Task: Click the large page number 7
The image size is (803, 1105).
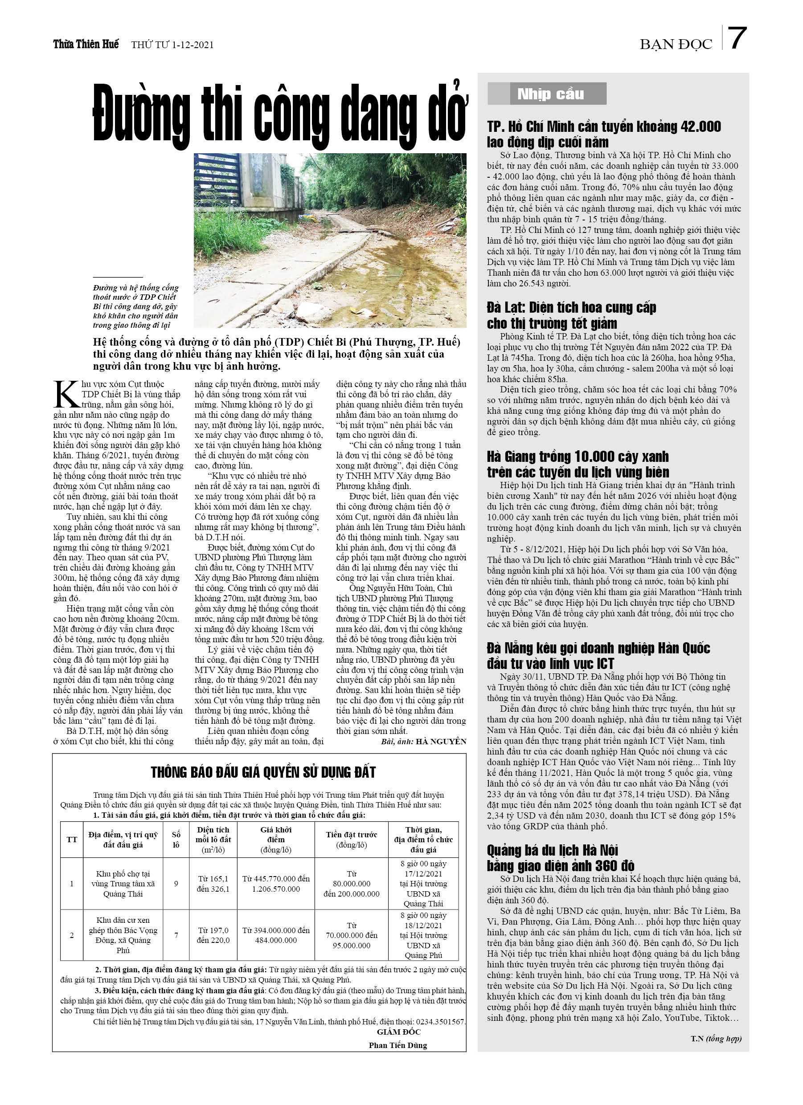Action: click(737, 38)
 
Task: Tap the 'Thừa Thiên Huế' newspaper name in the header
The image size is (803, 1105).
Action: click(86, 45)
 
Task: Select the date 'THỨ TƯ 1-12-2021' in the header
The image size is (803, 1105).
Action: click(172, 45)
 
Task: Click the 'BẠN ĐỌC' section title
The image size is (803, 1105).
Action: click(676, 45)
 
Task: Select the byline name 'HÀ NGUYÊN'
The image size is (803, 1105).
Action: click(442, 742)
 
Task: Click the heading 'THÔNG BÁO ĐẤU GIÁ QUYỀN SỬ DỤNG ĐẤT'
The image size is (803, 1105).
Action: click(263, 772)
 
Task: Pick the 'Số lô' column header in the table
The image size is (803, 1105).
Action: click(176, 839)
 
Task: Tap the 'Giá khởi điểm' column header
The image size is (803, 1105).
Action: click(276, 839)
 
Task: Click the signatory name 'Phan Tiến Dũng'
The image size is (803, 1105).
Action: click(398, 1045)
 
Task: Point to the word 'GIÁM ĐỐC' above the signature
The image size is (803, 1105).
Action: click(399, 1032)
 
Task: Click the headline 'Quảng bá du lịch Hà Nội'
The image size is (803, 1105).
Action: click(552, 850)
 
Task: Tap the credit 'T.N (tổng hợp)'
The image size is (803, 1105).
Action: click(716, 1039)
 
